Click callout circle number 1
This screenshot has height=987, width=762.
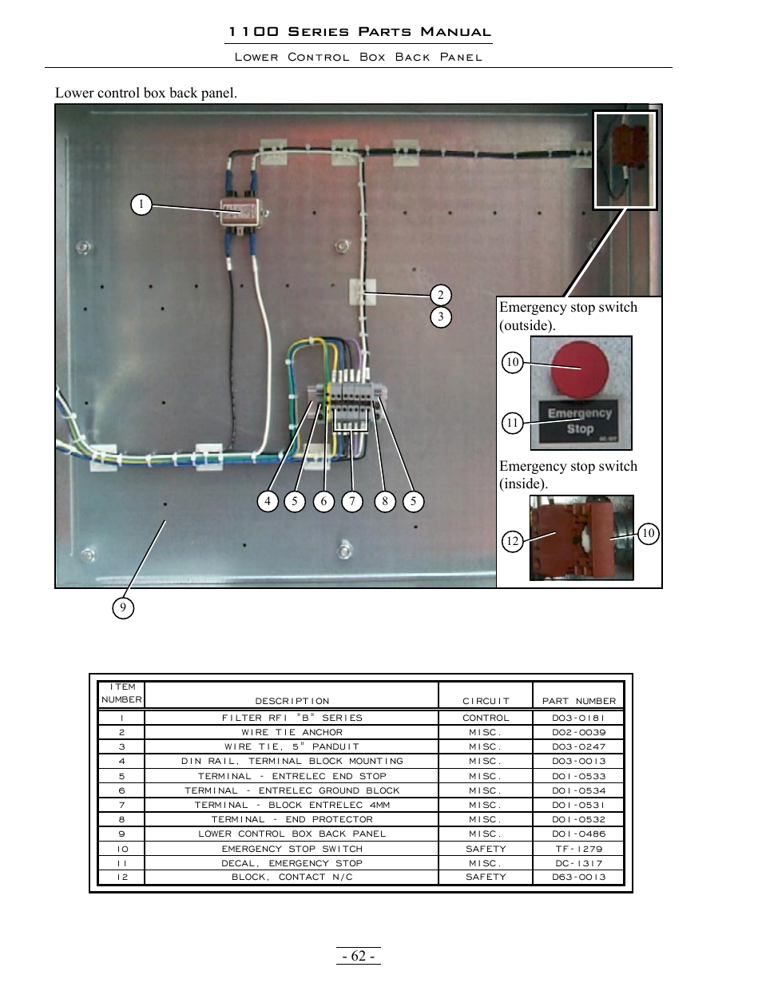[141, 205]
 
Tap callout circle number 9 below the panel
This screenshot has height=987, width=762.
[122, 608]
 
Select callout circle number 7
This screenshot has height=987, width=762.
[351, 501]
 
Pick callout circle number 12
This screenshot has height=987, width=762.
[512, 541]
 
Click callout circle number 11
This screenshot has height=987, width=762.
[512, 423]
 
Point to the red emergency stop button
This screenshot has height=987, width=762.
[581, 367]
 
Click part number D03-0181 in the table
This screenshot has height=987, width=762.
[579, 718]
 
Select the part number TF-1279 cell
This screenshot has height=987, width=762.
[579, 849]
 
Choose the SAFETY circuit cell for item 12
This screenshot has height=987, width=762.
[486, 877]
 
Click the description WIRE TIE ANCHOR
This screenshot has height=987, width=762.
[292, 732]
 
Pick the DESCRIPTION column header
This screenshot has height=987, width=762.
[292, 701]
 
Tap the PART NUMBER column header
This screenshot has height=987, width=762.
[579, 701]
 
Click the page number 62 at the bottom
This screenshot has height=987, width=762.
[359, 957]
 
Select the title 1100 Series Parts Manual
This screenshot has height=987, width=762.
[359, 32]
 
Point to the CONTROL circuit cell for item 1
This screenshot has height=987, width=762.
[486, 718]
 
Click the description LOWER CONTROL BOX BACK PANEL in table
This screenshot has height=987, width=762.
[292, 834]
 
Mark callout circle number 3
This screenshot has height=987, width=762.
[440, 317]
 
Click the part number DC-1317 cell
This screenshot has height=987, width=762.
[579, 863]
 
